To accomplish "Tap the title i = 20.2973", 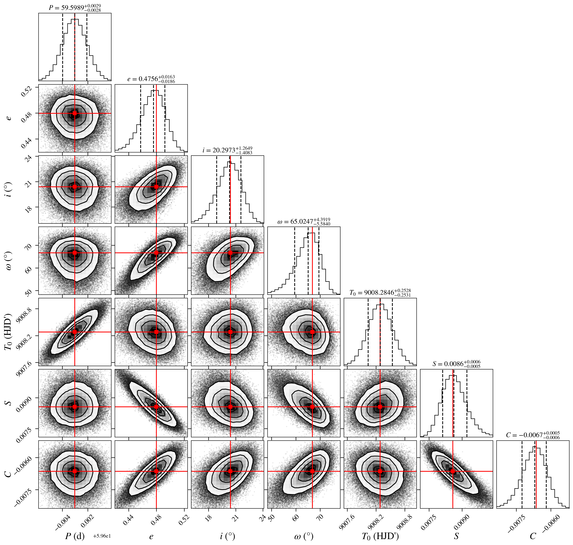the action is (228, 150).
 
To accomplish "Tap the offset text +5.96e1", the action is (102, 536).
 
